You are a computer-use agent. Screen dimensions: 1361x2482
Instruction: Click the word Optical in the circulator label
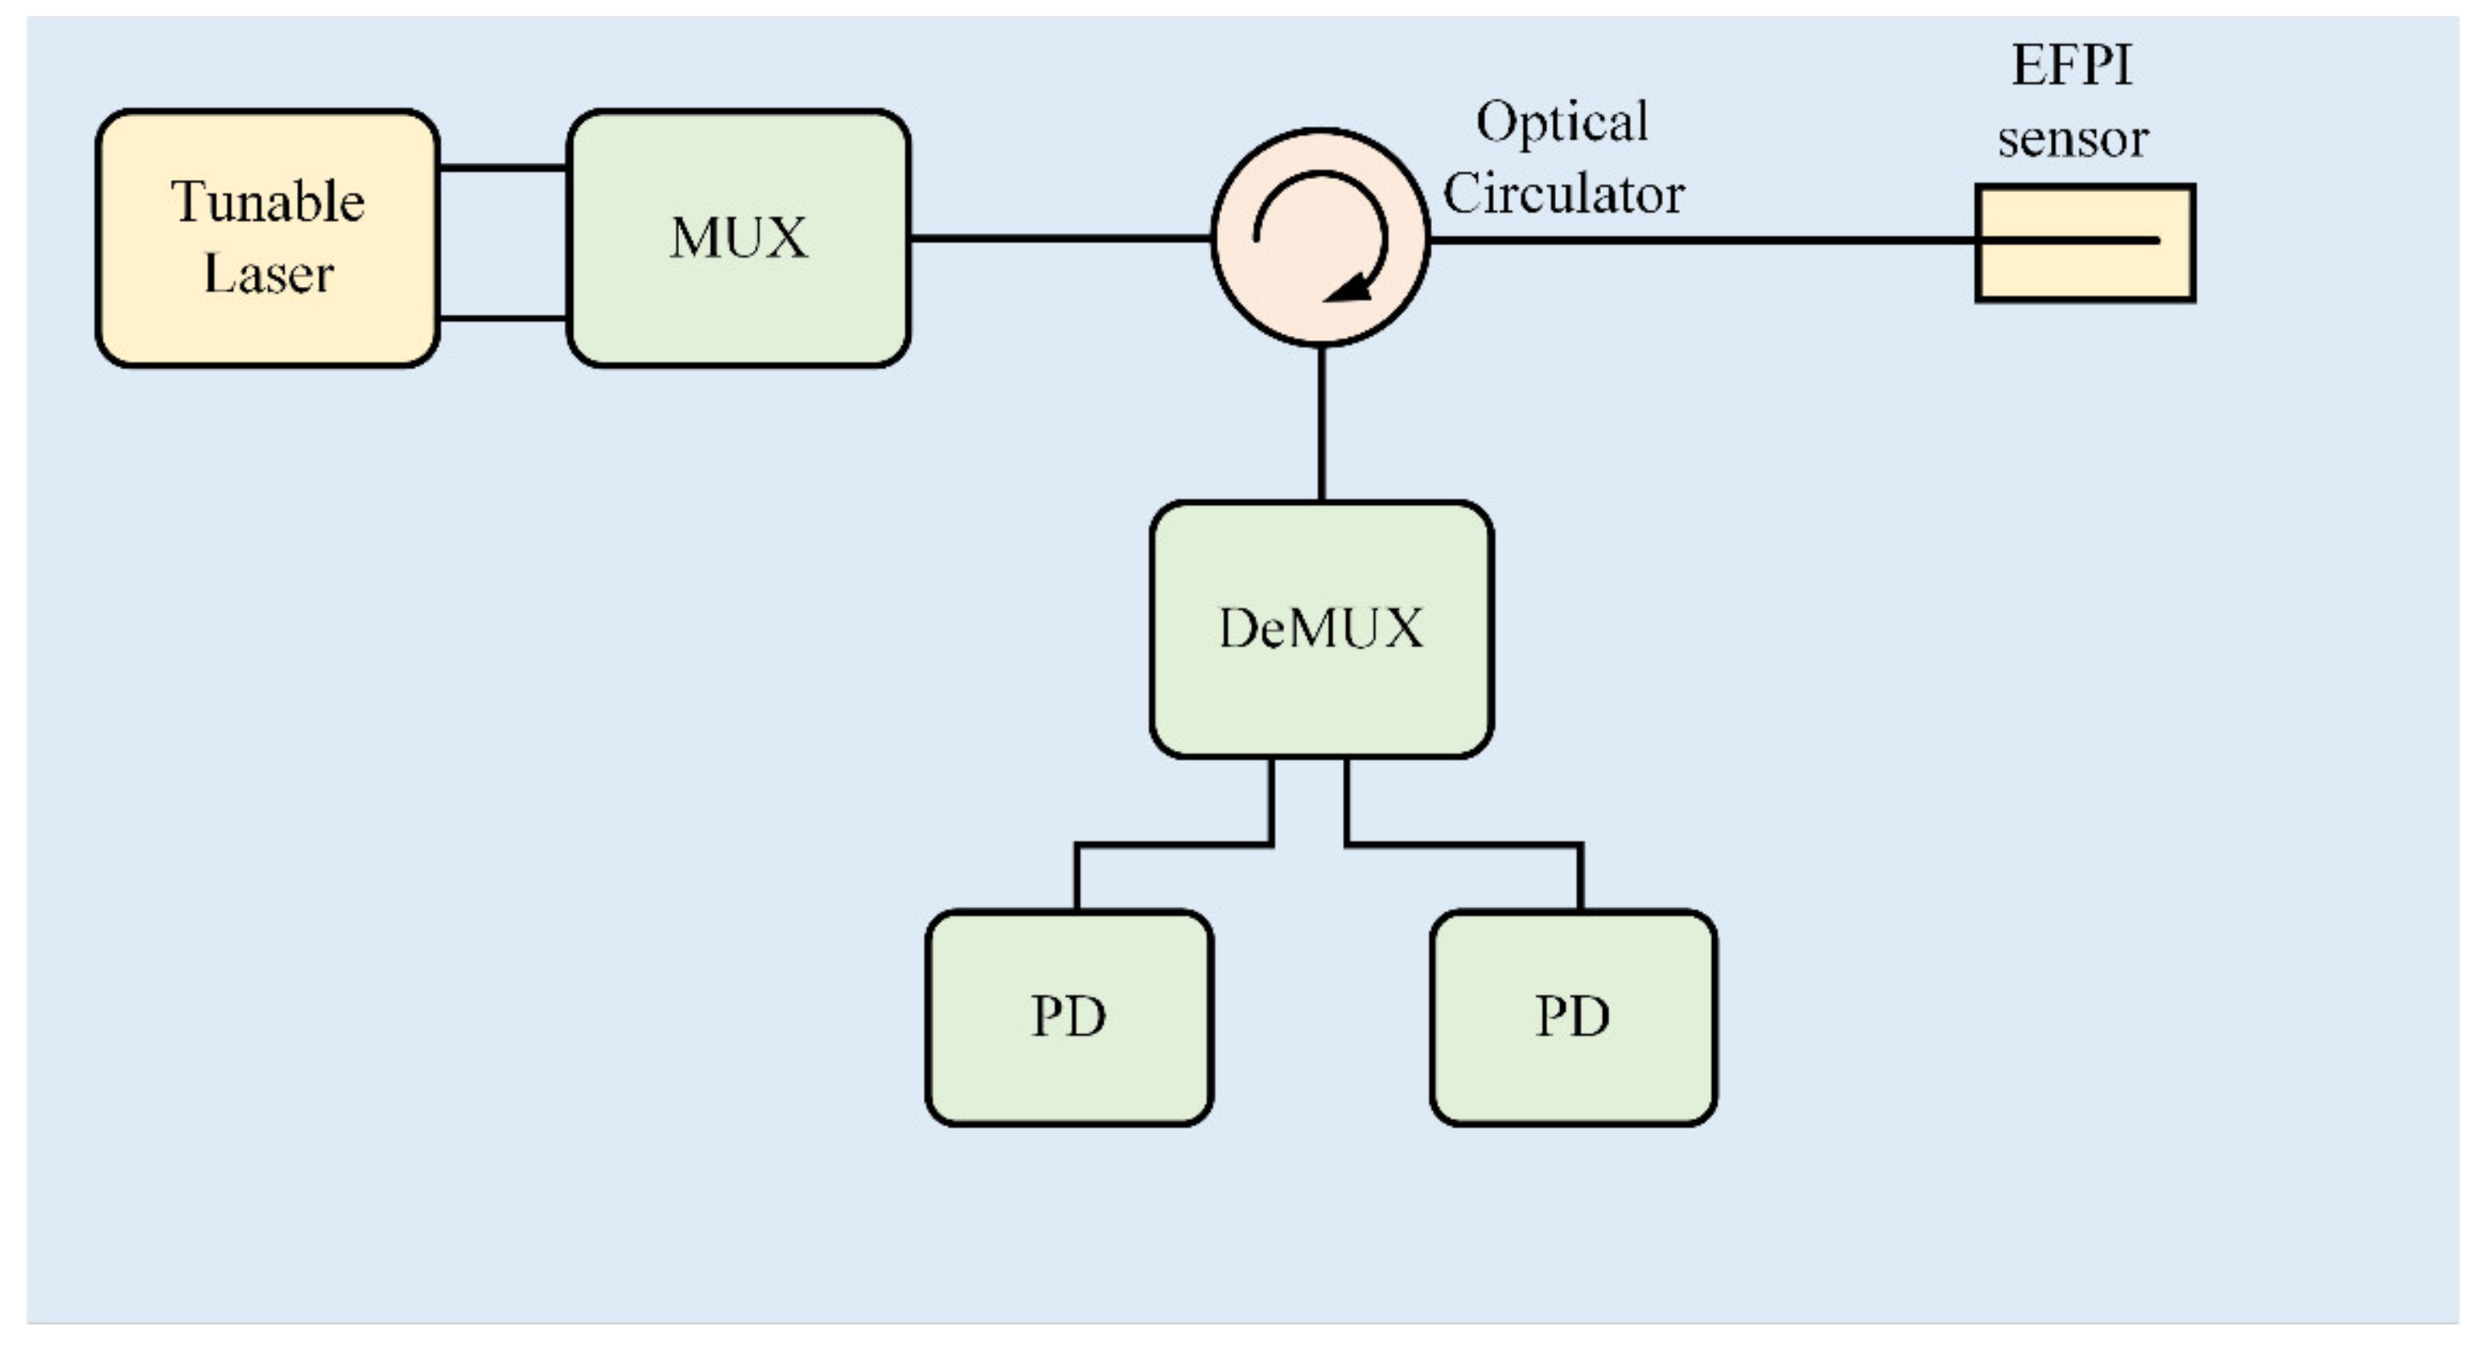click(1562, 123)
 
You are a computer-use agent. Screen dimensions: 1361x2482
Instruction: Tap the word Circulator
click(1563, 193)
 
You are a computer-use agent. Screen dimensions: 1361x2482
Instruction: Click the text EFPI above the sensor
click(2071, 65)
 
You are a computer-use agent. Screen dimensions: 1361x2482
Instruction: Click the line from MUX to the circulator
click(1060, 237)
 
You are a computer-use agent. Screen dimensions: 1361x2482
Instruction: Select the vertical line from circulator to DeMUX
click(1321, 423)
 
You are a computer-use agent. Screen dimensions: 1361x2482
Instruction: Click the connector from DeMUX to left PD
click(1174, 846)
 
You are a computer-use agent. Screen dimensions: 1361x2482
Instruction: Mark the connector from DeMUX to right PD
click(1464, 846)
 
